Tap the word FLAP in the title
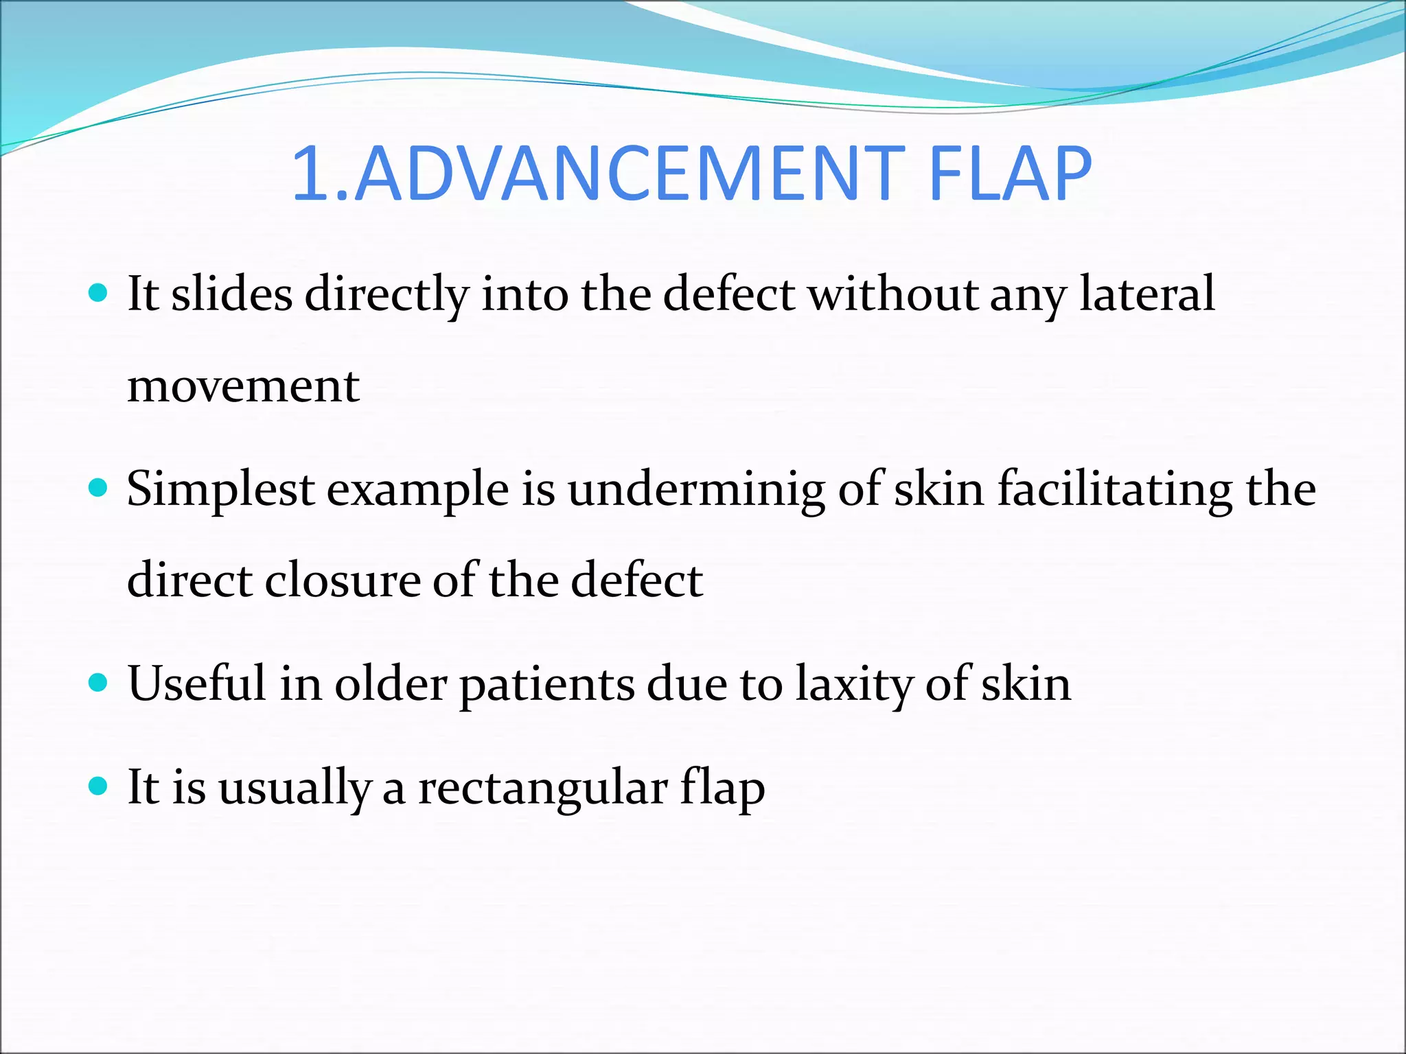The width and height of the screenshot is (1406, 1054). click(x=1009, y=174)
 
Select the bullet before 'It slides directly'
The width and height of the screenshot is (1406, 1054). click(x=99, y=294)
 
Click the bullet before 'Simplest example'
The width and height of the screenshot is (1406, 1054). click(x=99, y=489)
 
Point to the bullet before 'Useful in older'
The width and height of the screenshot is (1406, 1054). click(x=99, y=683)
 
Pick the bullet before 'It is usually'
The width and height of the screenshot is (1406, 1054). click(x=99, y=786)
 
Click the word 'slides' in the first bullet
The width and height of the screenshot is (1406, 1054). click(x=231, y=294)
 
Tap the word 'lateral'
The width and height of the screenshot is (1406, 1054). click(x=1147, y=294)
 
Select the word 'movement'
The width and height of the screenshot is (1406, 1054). click(x=244, y=386)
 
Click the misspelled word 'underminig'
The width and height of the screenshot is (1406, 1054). click(x=696, y=490)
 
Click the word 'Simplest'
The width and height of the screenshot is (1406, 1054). click(x=220, y=490)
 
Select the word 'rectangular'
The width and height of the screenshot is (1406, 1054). click(x=542, y=788)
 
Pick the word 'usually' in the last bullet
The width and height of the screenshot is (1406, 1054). click(x=295, y=788)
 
